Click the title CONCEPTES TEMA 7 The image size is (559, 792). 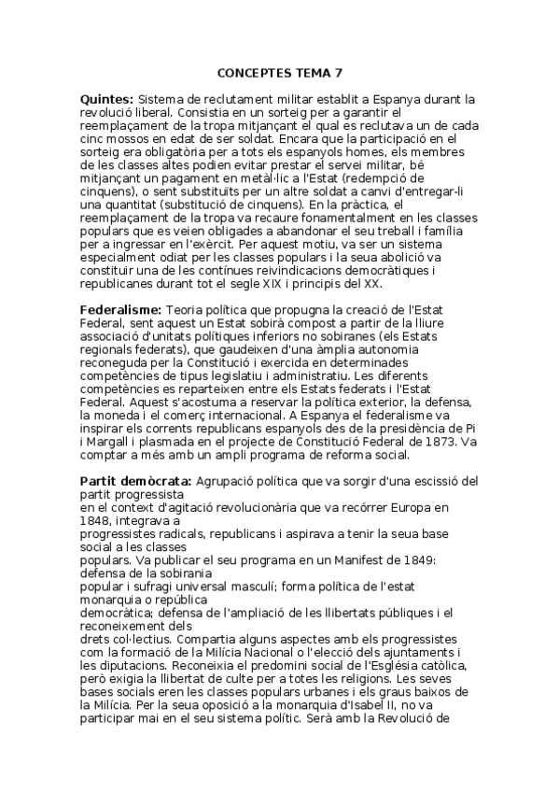point(279,71)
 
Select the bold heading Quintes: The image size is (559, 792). point(107,98)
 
